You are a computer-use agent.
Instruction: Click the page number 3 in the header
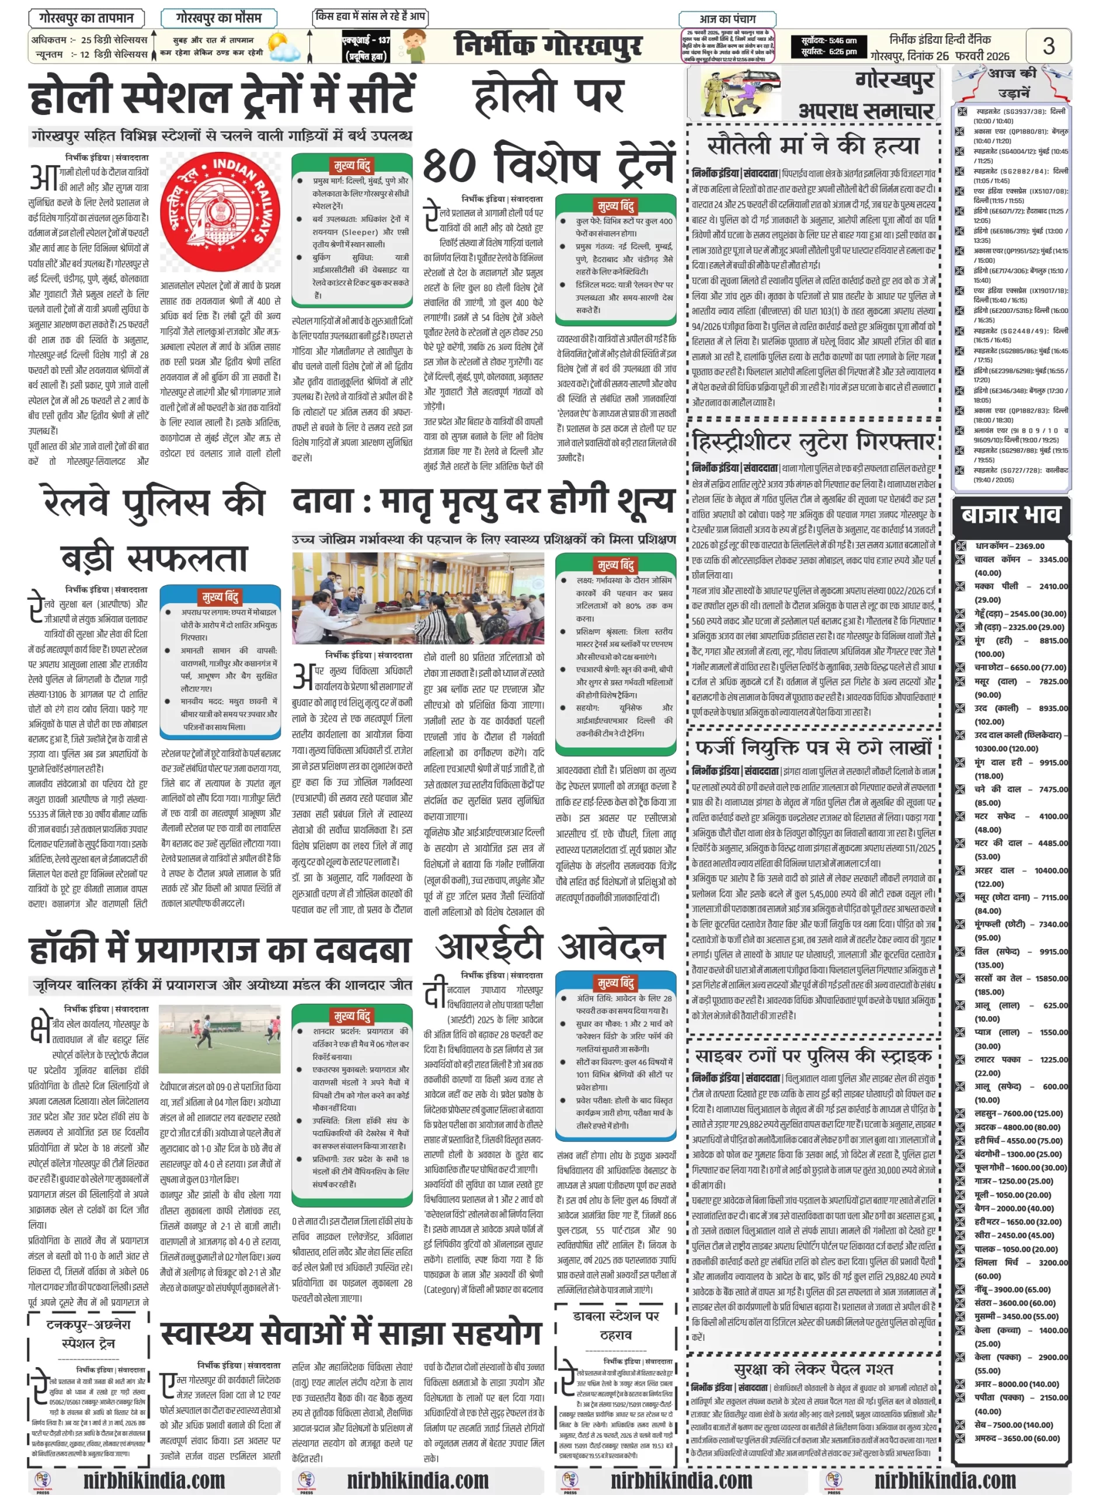pyautogui.click(x=1048, y=46)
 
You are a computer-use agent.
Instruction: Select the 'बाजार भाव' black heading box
pyautogui.click(x=1011, y=514)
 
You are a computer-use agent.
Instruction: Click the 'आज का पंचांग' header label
pyautogui.click(x=727, y=19)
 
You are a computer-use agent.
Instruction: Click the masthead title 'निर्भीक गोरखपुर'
pyautogui.click(x=547, y=46)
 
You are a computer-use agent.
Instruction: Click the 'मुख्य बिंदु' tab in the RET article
pyautogui.click(x=616, y=982)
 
